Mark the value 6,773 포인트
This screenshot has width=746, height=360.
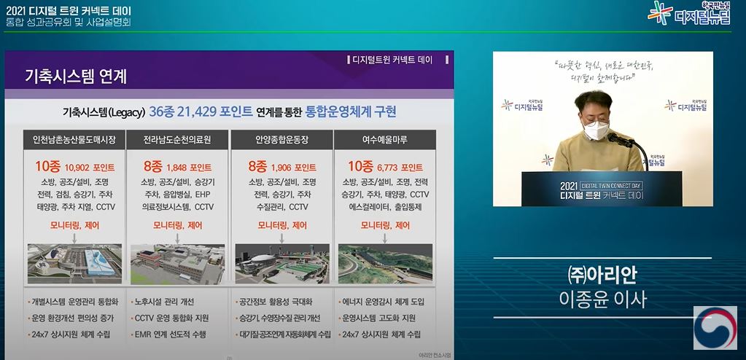pos(400,167)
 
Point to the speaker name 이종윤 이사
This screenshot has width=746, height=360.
pos(602,299)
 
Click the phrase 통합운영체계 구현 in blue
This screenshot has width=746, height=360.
pos(351,111)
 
